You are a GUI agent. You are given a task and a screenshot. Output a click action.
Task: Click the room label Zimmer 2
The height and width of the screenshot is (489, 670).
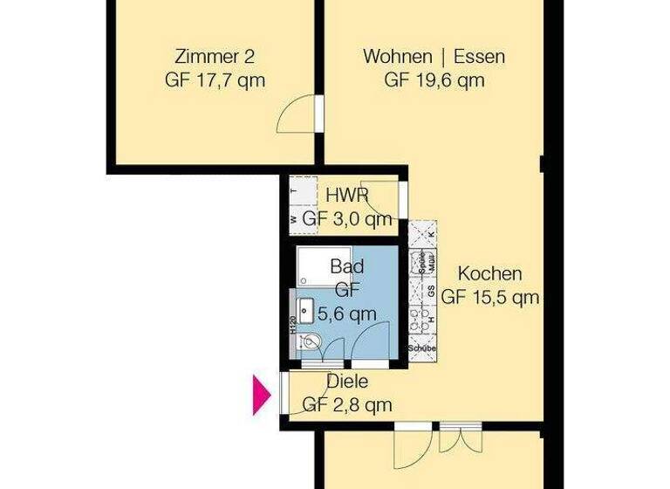(x=215, y=59)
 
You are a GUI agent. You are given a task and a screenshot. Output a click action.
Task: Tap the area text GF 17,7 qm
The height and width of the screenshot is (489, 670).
(x=215, y=80)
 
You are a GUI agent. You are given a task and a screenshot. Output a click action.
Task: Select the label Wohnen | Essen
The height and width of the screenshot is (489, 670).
(x=434, y=59)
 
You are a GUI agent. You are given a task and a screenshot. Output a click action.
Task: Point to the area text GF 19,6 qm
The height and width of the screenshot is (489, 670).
(x=434, y=80)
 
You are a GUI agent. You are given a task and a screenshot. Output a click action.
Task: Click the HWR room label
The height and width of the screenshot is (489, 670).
(x=346, y=196)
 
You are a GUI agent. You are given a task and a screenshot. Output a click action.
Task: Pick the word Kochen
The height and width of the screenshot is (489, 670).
(x=490, y=273)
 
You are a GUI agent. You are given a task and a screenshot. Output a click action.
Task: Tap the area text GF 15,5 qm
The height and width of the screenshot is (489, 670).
(x=490, y=297)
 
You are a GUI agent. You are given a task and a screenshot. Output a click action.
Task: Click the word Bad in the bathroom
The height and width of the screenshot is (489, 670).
(x=346, y=266)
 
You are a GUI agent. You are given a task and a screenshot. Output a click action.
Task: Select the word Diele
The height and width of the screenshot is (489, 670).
(x=346, y=382)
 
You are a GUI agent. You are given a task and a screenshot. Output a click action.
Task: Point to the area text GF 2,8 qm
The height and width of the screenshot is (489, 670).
(x=346, y=404)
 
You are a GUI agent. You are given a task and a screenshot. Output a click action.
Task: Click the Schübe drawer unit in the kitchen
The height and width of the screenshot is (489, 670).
(x=422, y=348)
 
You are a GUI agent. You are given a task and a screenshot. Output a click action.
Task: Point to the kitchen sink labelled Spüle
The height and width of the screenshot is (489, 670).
(x=423, y=264)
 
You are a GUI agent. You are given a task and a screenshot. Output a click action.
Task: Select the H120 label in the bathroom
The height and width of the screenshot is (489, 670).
(x=291, y=325)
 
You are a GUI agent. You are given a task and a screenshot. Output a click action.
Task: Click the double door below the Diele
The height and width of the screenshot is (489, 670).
(x=434, y=446)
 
